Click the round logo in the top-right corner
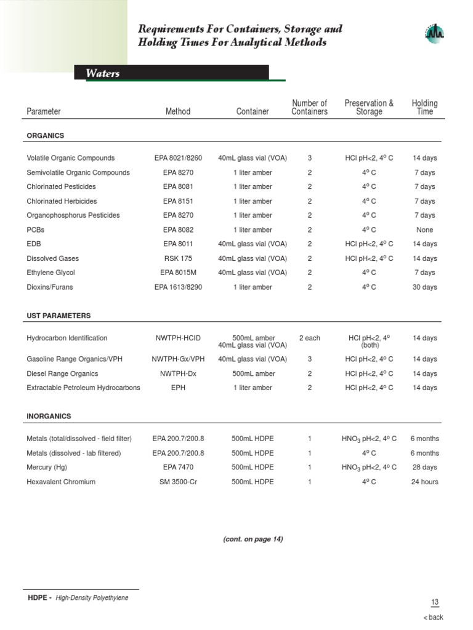coord(435,34)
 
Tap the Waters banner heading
coord(103,74)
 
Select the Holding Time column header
coord(424,107)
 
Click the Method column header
coord(178,111)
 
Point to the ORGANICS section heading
coord(46,135)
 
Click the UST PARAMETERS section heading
coord(59,316)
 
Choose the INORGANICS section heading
coord(49,417)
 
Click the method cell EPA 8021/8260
coord(178,158)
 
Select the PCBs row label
coord(36,230)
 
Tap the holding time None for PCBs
coord(424,230)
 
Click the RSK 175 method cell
coord(178,258)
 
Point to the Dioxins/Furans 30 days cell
coord(424,287)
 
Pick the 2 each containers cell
coord(309,338)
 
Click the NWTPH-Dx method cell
coord(178,373)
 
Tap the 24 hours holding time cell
coord(424,482)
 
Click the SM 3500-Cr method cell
coord(178,482)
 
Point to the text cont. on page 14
coord(253,539)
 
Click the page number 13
coord(435,602)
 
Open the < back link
coord(433,618)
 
